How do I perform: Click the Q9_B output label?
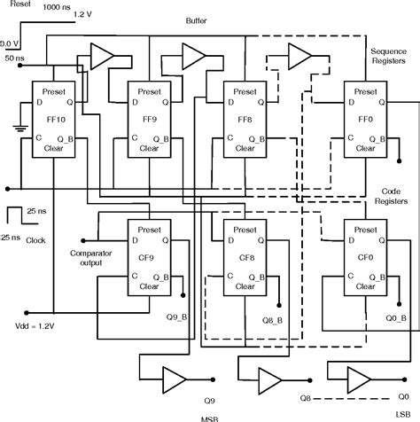(177, 315)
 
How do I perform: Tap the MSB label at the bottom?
(210, 417)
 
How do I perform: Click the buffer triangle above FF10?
(103, 54)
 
